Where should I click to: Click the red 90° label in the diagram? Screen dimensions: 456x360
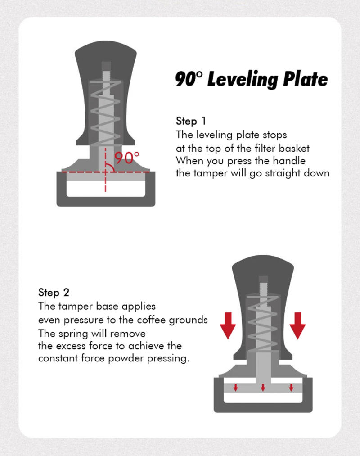127,158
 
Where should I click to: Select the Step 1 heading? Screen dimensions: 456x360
190,121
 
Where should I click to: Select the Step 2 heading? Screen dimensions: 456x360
54,292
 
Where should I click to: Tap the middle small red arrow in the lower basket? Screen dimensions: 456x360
263,387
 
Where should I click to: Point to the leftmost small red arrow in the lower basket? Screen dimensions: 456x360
235,387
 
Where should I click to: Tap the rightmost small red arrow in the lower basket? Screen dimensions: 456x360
291,387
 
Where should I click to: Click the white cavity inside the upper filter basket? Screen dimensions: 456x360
106,189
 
